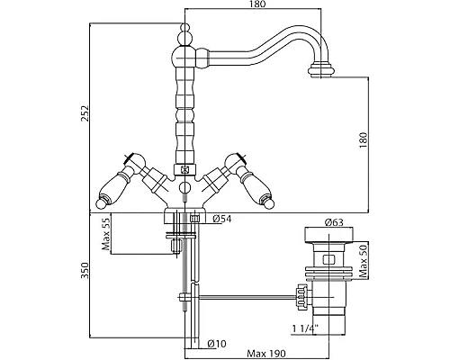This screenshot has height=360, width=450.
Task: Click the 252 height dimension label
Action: (x=85, y=113)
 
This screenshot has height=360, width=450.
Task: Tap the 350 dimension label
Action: (x=85, y=270)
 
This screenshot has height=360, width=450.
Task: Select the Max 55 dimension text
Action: (x=106, y=234)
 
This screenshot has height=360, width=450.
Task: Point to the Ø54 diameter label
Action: (x=222, y=219)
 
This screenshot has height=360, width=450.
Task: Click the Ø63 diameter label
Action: (x=334, y=222)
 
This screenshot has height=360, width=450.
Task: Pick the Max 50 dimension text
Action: (x=364, y=260)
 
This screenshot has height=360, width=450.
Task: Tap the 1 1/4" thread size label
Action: (x=305, y=329)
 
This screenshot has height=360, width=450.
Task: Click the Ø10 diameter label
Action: (x=217, y=344)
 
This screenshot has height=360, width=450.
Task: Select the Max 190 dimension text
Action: (x=266, y=354)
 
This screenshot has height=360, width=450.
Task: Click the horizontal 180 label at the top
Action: (x=257, y=4)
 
